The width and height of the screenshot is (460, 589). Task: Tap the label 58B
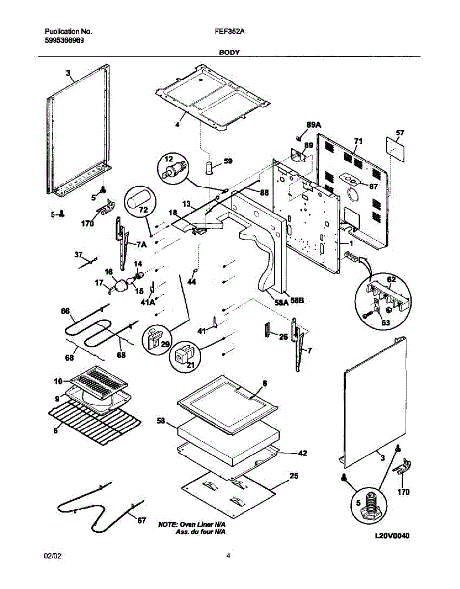[x=298, y=302]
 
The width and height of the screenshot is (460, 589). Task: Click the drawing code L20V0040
[x=391, y=536]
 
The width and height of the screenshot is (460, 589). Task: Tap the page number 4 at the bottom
[x=228, y=556]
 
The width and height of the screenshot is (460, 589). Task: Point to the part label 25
[x=294, y=475]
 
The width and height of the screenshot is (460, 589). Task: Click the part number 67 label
[x=141, y=521]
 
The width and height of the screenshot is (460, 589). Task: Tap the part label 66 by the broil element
[x=65, y=311]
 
